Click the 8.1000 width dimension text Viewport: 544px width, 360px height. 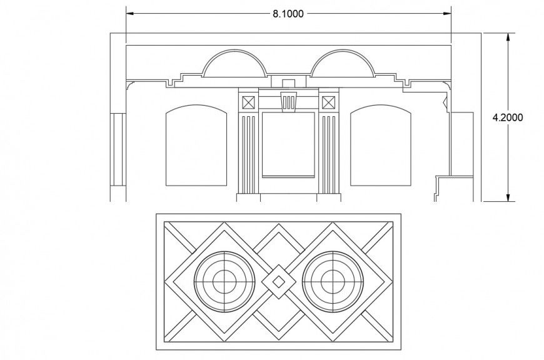tap(288, 14)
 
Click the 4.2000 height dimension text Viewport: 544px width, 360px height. tap(508, 117)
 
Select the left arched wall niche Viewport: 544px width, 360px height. tap(195, 146)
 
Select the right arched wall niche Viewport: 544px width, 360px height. tap(381, 146)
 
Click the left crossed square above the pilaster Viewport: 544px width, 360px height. tap(248, 102)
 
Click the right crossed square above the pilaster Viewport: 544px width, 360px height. tap(328, 102)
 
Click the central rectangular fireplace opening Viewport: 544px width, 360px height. tap(288, 144)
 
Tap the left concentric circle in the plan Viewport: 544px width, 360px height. tap(224, 282)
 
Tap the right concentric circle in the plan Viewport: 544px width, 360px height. tap(333, 282)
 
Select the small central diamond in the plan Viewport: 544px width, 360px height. tap(279, 282)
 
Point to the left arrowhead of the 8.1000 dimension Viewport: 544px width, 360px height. tap(130, 12)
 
